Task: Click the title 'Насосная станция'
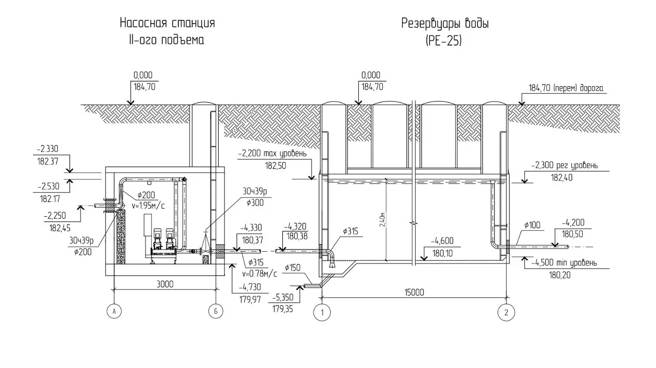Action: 167,23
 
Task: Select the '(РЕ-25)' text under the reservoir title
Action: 444,40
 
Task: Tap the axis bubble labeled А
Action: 114,311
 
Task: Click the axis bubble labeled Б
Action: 216,311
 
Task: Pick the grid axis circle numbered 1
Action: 322,312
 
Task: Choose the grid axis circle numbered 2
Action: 506,312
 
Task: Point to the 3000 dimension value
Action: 165,284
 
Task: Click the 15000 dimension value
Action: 415,293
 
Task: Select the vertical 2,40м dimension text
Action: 382,219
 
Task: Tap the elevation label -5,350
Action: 282,297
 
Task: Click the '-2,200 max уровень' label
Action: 272,153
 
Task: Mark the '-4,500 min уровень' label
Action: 564,262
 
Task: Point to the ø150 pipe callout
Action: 293,268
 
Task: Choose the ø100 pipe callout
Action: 532,225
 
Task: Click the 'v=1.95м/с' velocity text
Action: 148,206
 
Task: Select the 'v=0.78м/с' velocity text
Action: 259,274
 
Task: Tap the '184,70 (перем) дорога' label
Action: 566,88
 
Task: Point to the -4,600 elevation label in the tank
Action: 442,241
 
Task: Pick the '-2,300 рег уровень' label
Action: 565,165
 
